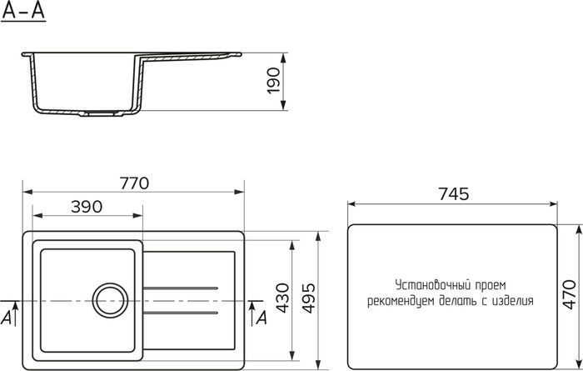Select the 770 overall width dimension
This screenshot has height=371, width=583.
click(133, 183)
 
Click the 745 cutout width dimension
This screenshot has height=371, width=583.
click(453, 193)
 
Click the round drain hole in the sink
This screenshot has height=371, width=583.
click(109, 298)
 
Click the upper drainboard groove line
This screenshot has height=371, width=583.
click(182, 288)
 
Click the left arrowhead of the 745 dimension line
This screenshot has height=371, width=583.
click(351, 203)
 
